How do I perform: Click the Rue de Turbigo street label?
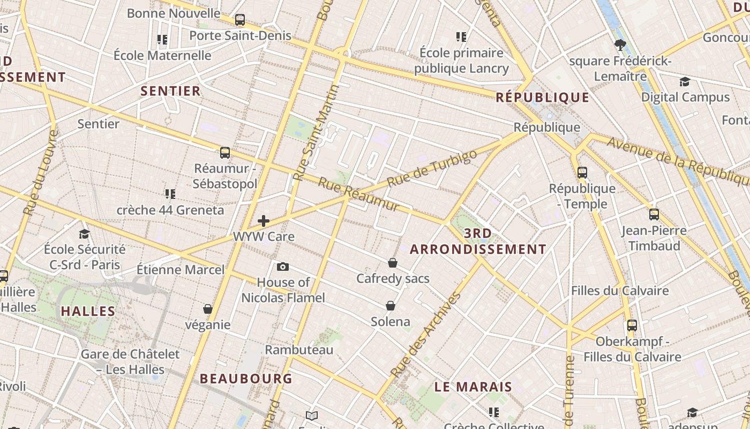click(x=431, y=168)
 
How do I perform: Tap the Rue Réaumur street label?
click(x=358, y=194)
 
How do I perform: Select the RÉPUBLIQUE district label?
click(x=542, y=97)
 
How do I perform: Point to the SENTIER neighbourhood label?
click(x=170, y=91)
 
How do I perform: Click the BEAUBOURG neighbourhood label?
click(x=246, y=379)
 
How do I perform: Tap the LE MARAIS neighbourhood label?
click(x=473, y=387)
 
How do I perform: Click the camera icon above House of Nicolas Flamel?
click(x=283, y=267)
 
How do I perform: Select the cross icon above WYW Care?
click(x=263, y=220)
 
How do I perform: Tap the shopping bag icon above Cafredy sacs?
click(x=393, y=263)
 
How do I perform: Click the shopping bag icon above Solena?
click(x=391, y=306)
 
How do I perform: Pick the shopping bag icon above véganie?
click(x=208, y=309)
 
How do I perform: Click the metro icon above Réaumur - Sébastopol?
click(x=225, y=152)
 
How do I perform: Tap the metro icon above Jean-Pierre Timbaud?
click(x=654, y=214)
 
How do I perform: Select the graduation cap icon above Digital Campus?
click(x=685, y=82)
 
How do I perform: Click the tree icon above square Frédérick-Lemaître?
click(x=620, y=45)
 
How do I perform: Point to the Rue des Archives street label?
click(x=426, y=334)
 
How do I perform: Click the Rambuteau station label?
click(x=299, y=350)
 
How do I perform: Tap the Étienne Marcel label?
click(x=181, y=269)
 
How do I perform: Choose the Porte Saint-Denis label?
click(x=241, y=36)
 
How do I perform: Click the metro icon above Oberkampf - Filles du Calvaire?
click(x=632, y=325)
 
